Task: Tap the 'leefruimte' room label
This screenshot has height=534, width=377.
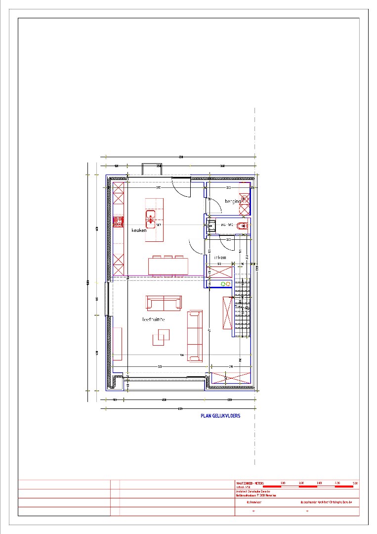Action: [154, 319]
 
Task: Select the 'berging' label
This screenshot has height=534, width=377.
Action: [233, 201]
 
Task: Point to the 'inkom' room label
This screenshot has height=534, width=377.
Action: [220, 258]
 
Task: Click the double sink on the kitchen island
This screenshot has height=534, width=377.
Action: [151, 217]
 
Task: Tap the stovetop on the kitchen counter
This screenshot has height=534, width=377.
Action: [118, 222]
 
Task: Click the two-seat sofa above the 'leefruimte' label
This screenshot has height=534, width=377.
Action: [164, 303]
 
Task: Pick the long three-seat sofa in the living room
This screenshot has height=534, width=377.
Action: [195, 336]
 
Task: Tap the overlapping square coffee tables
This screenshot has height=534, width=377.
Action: [160, 339]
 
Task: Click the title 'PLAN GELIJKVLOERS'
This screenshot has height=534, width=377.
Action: [220, 416]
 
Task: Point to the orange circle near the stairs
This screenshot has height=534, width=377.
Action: [228, 284]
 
